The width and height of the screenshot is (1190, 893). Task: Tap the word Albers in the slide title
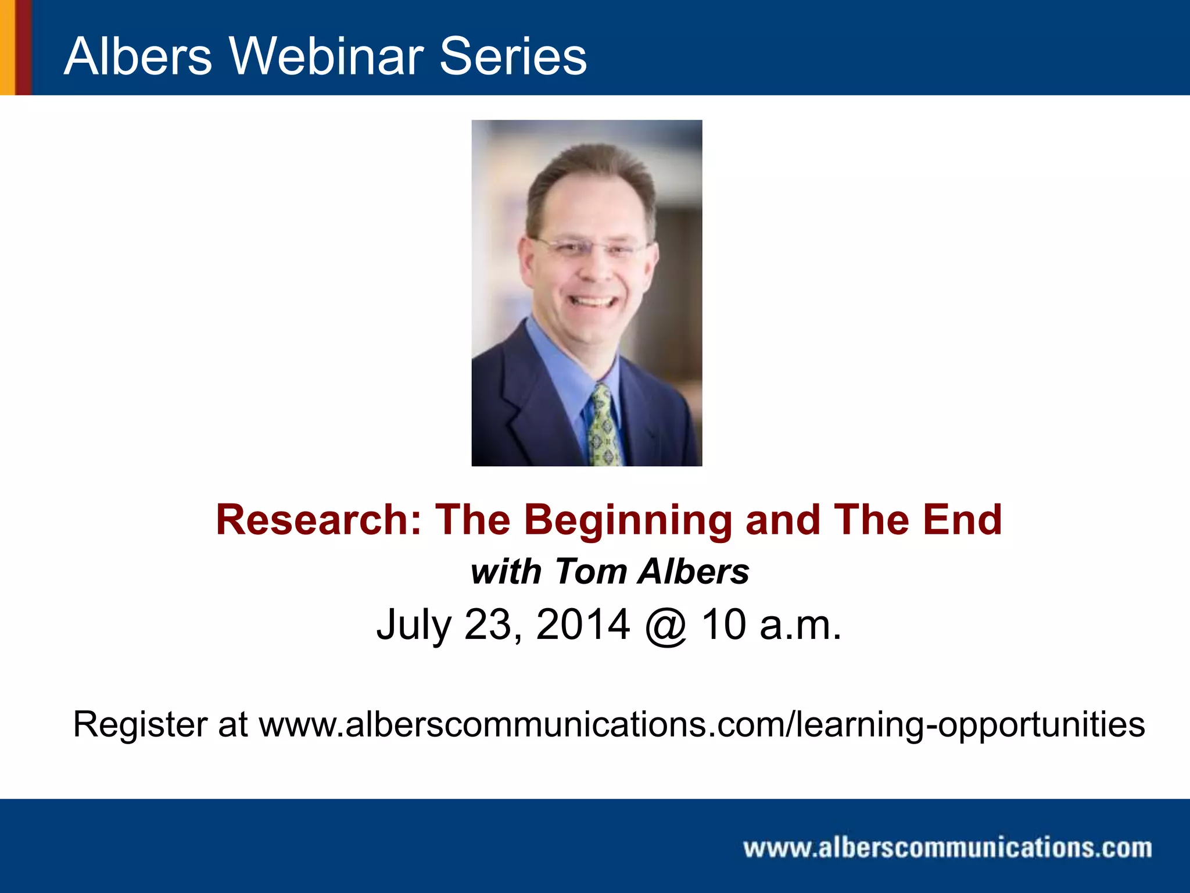[138, 56]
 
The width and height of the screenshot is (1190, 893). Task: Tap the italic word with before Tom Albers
[506, 571]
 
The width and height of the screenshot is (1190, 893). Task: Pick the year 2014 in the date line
[583, 624]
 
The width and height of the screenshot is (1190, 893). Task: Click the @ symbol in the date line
[666, 626]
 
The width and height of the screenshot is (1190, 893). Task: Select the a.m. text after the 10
[800, 624]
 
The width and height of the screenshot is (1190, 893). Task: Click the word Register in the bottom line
[140, 725]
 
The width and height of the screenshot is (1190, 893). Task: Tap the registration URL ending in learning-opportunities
[701, 725]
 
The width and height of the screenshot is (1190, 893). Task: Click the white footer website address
[947, 848]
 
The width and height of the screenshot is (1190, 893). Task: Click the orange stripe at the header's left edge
[7, 47]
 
